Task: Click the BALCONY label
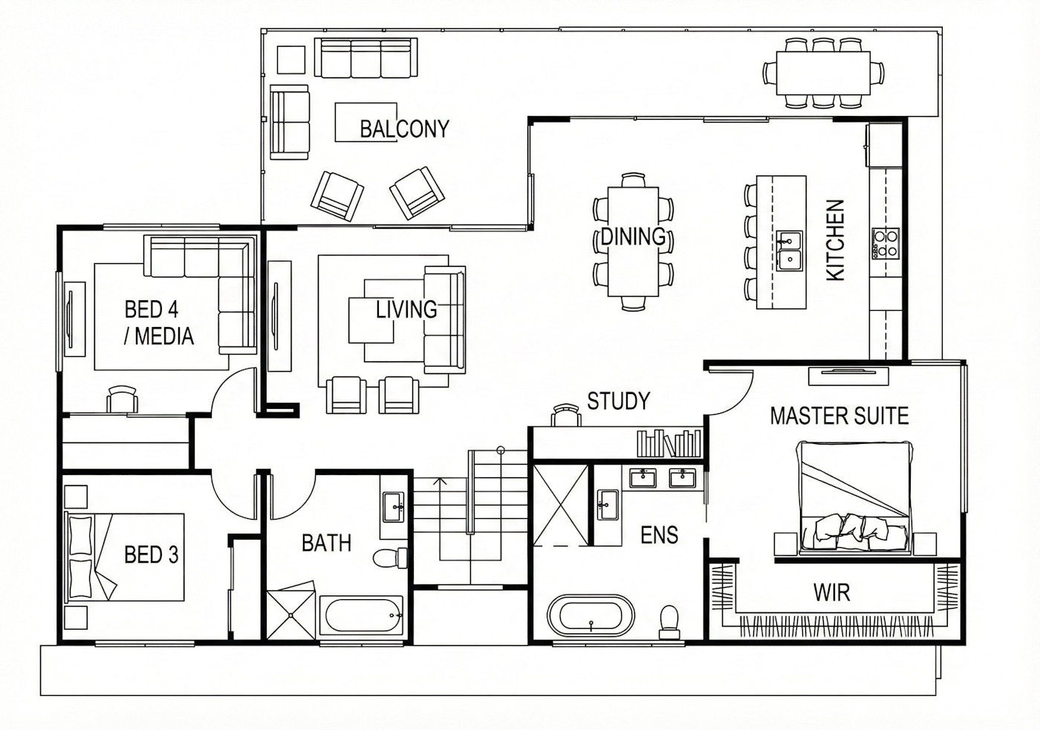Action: (x=404, y=129)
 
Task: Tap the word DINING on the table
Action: (x=633, y=236)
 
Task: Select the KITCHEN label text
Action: (x=835, y=240)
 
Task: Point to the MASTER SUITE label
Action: (x=839, y=416)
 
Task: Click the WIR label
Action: (x=831, y=592)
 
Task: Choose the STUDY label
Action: (x=618, y=401)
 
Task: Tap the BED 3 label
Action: (x=152, y=555)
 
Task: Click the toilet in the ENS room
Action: (x=669, y=621)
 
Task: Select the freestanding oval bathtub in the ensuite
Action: (x=590, y=615)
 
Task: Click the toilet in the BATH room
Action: (x=390, y=558)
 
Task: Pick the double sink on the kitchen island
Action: (x=789, y=251)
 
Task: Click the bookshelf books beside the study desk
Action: (x=669, y=443)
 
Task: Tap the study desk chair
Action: (x=566, y=415)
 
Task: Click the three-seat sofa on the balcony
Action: (x=365, y=58)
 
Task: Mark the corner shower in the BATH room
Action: (x=291, y=610)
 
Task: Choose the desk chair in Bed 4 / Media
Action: (x=122, y=398)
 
